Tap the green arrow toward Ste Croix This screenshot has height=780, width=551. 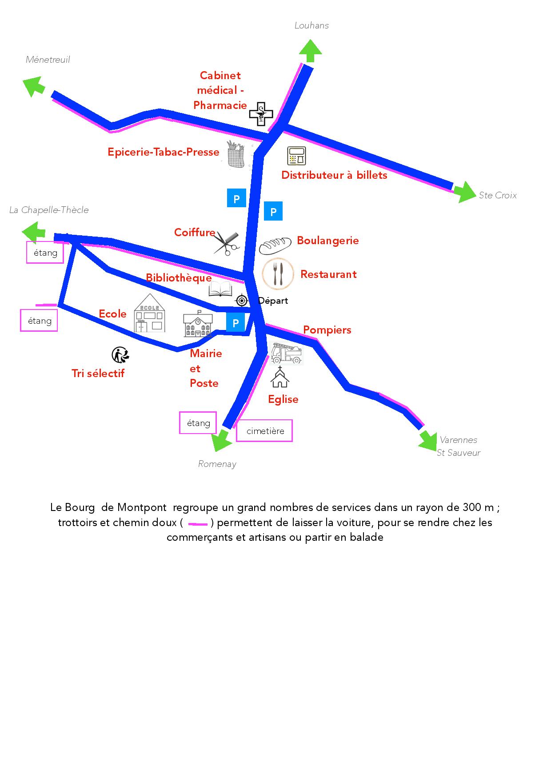[x=465, y=192]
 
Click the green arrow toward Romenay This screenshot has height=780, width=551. [x=221, y=442]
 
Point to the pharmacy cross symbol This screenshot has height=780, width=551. [x=261, y=114]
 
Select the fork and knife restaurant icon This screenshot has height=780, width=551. [x=278, y=273]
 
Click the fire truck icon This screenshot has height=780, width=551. [x=286, y=354]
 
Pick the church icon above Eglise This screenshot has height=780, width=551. [x=280, y=377]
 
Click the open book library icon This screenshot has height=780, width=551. [x=220, y=289]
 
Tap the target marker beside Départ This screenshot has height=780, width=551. [x=242, y=301]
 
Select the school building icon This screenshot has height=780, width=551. [x=149, y=313]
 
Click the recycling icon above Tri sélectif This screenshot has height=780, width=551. [x=120, y=355]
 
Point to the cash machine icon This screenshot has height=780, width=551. [x=296, y=156]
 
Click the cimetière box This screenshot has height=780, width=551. [x=264, y=431]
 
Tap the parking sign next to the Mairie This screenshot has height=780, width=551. [x=236, y=323]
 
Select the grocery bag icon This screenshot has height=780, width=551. [x=236, y=154]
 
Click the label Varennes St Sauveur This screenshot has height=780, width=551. [x=459, y=446]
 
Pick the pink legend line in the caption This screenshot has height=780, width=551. [x=198, y=524]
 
